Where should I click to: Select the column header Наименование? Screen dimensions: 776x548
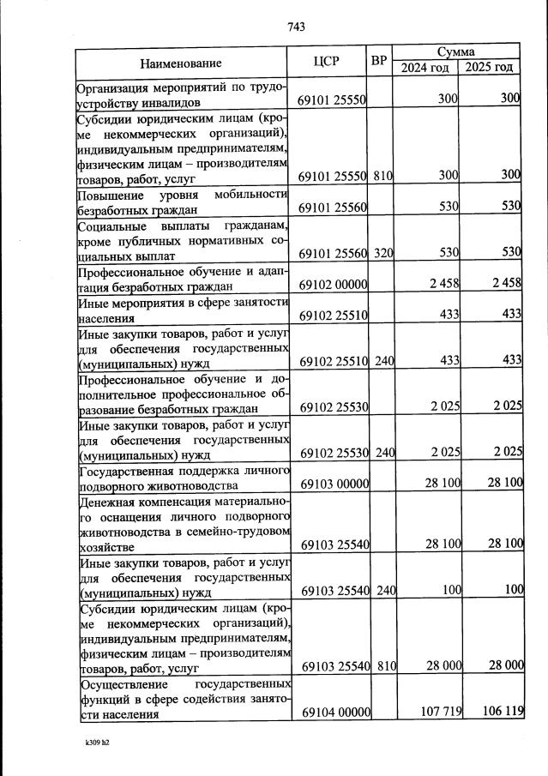[x=181, y=63]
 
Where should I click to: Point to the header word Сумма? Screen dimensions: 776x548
[x=455, y=52]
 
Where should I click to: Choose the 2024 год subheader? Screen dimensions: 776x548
[x=425, y=68]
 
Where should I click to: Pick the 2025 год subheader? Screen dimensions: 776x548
[x=490, y=68]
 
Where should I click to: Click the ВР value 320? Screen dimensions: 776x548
[x=383, y=254]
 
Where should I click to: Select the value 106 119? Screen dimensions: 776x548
[x=500, y=713]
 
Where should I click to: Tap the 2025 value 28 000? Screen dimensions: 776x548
[x=501, y=665]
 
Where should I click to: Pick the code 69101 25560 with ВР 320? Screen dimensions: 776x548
[x=333, y=254]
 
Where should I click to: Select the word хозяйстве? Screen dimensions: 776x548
[x=105, y=546]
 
